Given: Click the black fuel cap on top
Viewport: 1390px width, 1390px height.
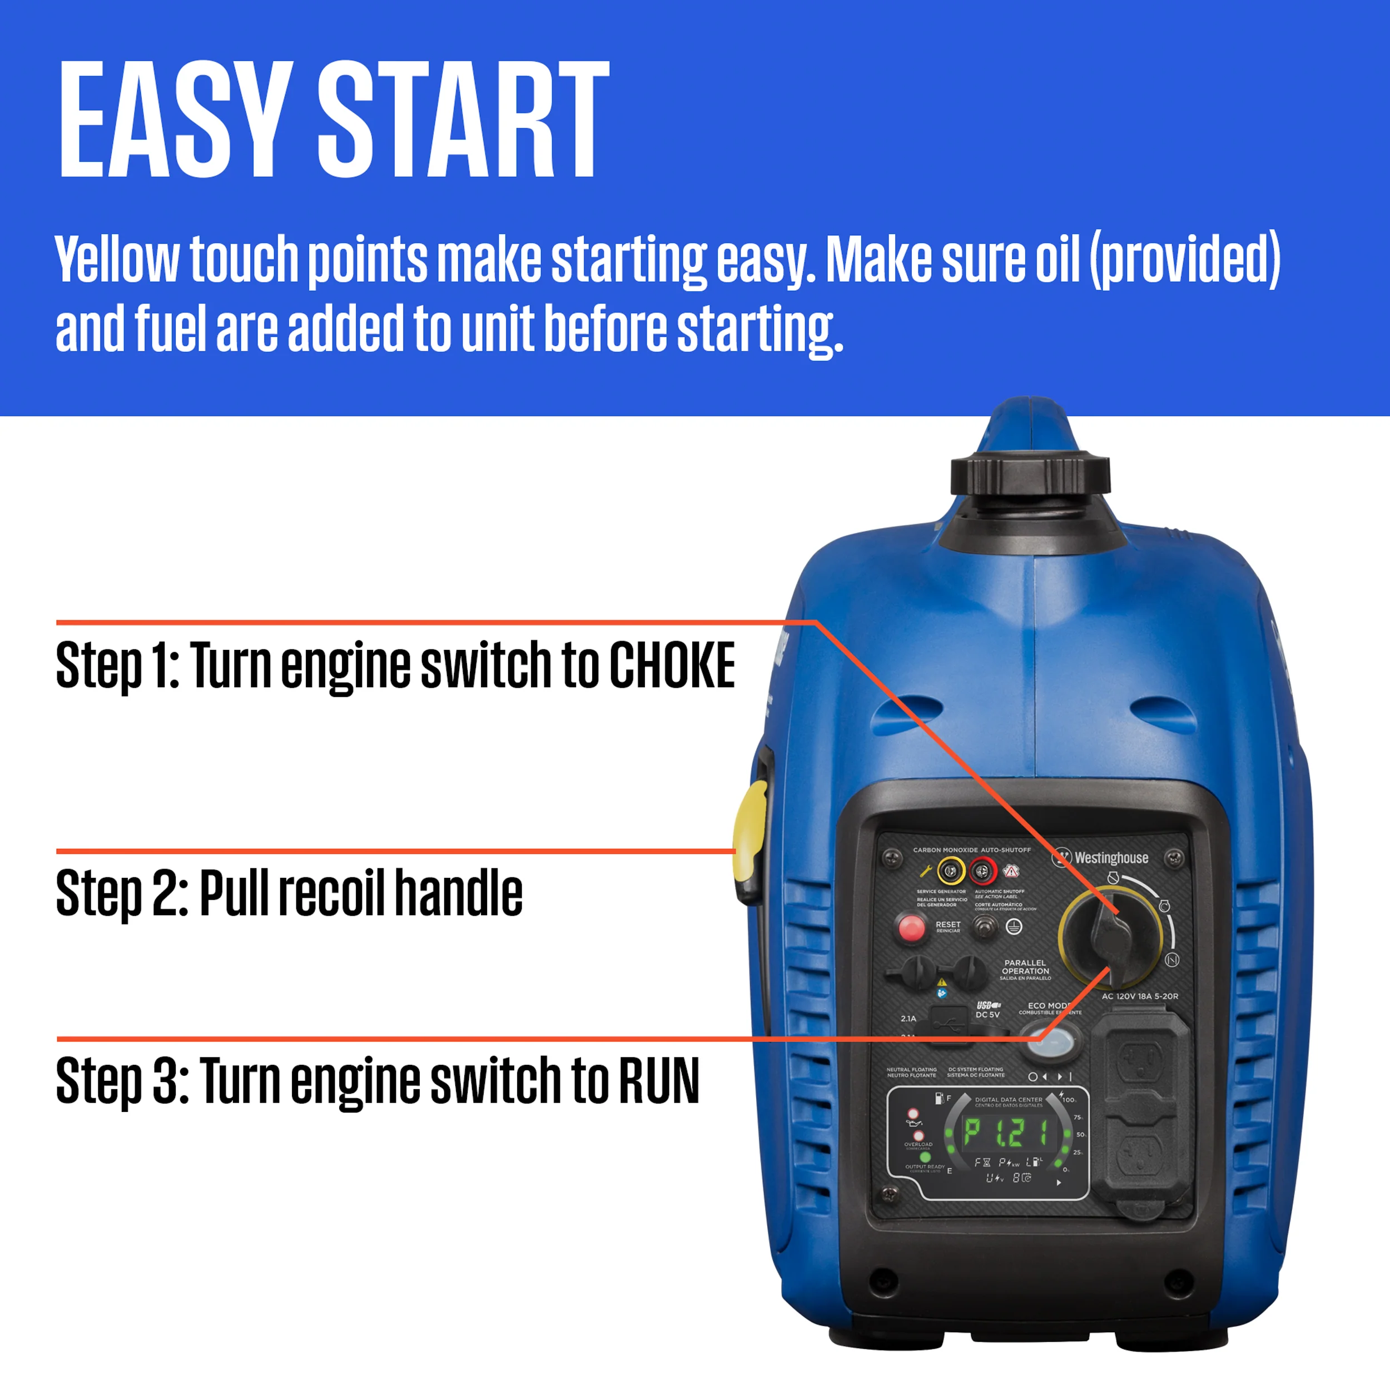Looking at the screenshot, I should coord(1030,475).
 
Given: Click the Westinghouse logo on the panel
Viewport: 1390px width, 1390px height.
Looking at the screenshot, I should coord(1101,857).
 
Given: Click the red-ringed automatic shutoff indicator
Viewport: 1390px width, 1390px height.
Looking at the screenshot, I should coord(982,872).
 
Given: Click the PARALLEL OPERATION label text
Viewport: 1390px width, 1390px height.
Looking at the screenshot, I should coord(1025,967).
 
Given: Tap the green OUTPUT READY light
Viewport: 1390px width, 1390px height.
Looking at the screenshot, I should coord(925,1157).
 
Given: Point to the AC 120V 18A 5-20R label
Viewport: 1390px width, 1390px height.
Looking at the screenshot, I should coord(1140,996).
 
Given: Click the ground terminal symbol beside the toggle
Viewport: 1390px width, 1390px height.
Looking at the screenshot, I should coord(1014,927).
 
